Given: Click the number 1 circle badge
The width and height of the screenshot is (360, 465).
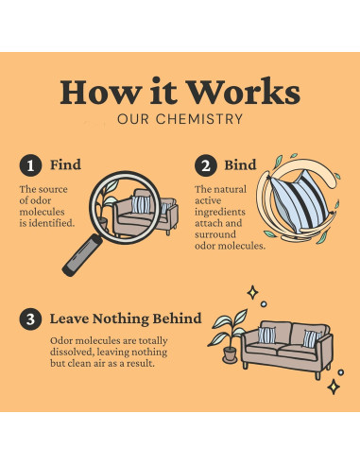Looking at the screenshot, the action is tap(30, 165).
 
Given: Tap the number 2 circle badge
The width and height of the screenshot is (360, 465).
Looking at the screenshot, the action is tap(206, 165).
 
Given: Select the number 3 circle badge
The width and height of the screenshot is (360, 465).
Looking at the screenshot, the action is tap(30, 319).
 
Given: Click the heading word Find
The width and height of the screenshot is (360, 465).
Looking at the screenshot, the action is tap(65, 164).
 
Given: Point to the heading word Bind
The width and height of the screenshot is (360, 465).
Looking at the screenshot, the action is tap(240, 165).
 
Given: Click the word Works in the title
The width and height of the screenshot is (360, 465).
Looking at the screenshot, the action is tap(244, 92).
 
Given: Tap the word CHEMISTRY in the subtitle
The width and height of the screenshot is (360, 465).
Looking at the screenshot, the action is tap(199, 119).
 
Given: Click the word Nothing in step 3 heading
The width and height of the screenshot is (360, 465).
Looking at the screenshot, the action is tap(120, 319).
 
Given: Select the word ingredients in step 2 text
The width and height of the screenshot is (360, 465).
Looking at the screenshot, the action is tap(220, 212).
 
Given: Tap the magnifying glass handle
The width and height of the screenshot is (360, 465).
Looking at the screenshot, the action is tap(82, 255).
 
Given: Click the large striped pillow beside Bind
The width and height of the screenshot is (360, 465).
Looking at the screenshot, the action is tap(300, 201).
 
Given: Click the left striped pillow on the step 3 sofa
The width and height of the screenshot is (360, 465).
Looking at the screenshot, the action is tap(266, 335).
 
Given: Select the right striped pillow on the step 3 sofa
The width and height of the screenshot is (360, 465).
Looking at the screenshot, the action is tap(311, 339).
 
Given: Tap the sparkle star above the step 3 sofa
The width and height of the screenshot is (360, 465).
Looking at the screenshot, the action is tap(252, 293).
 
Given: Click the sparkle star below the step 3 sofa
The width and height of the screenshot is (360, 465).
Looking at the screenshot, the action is tap(334, 387).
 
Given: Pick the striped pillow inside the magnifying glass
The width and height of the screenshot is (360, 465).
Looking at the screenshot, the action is tap(141, 204).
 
